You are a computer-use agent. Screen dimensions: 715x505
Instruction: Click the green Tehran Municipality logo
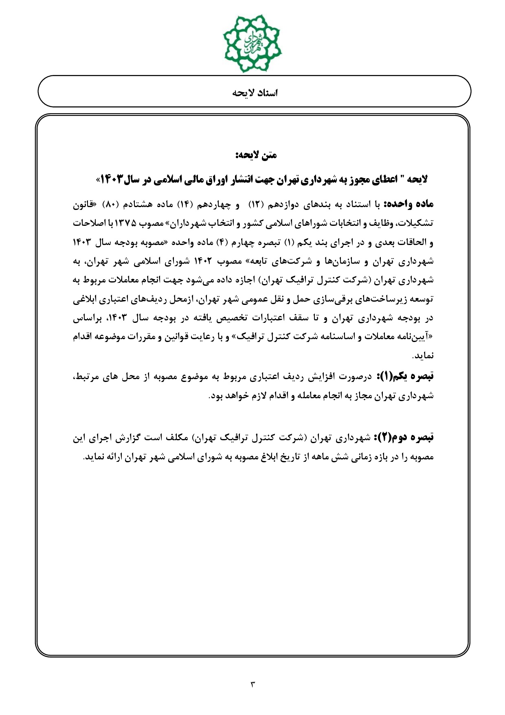252,43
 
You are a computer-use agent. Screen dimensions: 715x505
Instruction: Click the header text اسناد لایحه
255,93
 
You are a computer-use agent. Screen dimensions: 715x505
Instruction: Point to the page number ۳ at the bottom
252,684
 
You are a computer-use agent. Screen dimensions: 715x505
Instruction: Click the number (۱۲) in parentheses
260,204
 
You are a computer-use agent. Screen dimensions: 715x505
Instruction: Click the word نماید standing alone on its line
424,356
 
